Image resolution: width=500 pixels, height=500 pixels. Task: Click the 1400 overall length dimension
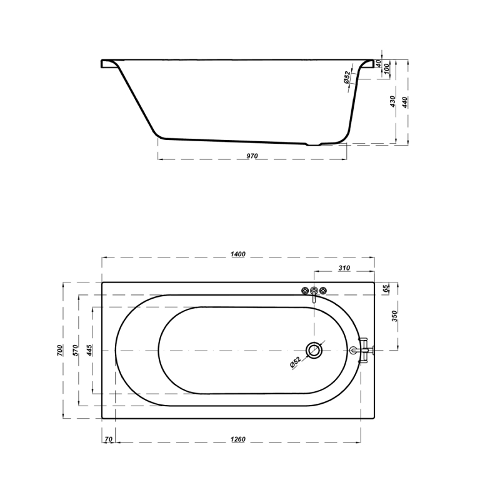(x=238, y=254)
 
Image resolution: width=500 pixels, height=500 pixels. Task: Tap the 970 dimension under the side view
(x=252, y=156)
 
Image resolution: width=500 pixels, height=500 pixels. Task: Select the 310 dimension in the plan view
(x=344, y=268)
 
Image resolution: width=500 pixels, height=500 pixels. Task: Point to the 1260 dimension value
(x=238, y=439)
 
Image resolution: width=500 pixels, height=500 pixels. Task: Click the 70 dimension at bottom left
(x=108, y=439)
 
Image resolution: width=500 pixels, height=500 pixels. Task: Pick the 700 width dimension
(x=60, y=350)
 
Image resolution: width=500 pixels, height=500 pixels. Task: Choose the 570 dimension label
(x=75, y=350)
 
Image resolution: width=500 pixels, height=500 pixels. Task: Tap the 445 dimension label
(x=89, y=350)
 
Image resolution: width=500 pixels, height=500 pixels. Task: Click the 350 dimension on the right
(x=394, y=316)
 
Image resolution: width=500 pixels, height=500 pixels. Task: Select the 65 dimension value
(x=386, y=288)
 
